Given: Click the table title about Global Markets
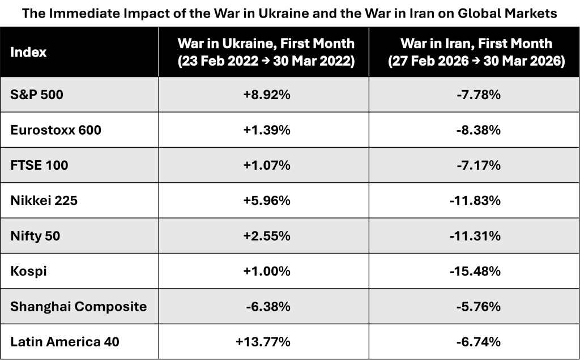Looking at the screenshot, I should coord(290,13).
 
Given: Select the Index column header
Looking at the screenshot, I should coord(28,53).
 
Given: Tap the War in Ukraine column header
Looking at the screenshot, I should coord(266,53).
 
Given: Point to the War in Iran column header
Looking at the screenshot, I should coord(476,53).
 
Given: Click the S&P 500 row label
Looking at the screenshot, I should coord(37,95).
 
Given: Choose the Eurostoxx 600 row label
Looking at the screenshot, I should coord(56,130).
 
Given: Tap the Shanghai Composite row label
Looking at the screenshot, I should coord(78,307).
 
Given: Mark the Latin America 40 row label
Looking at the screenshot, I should coord(65,342).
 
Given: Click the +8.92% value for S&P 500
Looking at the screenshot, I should coord(266,95).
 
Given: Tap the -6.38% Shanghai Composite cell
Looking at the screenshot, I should coord(268,307).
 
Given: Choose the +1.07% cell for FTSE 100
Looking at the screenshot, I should coord(266,166).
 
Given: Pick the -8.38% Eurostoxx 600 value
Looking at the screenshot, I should coord(477,130).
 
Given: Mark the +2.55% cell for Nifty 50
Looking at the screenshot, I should coord(266,236).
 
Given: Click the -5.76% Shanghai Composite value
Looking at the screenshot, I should coord(477,307).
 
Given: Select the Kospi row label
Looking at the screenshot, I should coord(28,272).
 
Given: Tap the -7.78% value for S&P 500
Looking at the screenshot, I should coord(477,95).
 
